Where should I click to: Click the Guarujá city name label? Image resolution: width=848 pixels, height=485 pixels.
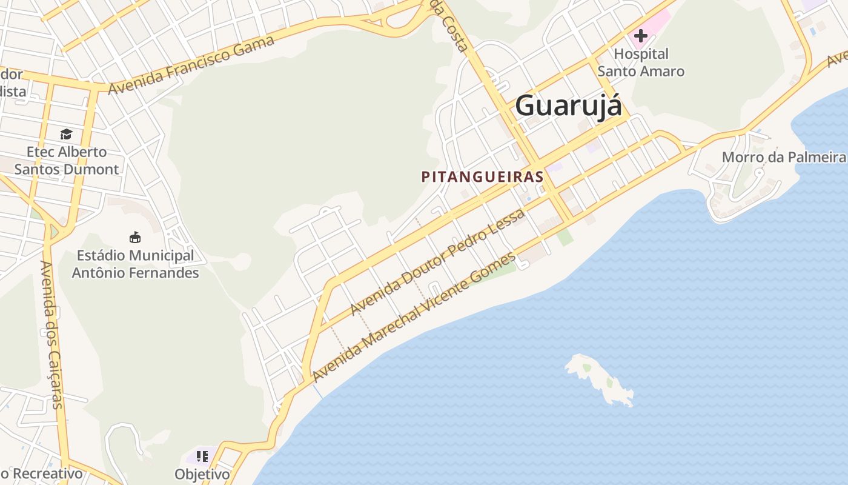(568, 105)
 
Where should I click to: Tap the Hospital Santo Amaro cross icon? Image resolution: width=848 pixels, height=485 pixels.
(640, 36)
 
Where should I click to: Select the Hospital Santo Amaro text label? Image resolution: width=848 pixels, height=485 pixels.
(641, 62)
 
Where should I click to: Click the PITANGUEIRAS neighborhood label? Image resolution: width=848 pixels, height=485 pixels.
(482, 177)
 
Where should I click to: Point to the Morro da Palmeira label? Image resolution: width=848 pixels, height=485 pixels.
(783, 157)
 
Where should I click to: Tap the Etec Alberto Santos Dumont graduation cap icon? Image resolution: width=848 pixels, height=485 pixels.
(66, 133)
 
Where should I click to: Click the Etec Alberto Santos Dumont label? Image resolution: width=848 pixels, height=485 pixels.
(66, 160)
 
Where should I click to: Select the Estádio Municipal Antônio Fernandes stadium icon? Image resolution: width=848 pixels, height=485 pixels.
(135, 237)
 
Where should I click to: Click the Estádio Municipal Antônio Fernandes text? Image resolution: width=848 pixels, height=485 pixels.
(135, 264)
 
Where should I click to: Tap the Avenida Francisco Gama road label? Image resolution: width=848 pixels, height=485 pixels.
(191, 65)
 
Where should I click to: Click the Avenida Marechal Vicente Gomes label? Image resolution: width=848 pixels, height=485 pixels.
(414, 316)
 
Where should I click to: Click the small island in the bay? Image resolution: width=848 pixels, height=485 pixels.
(600, 380)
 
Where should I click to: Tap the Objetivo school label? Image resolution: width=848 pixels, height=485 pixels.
(202, 473)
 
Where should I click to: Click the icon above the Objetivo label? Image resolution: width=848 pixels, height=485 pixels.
(202, 456)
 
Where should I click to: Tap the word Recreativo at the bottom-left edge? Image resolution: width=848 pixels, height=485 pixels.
(47, 473)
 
